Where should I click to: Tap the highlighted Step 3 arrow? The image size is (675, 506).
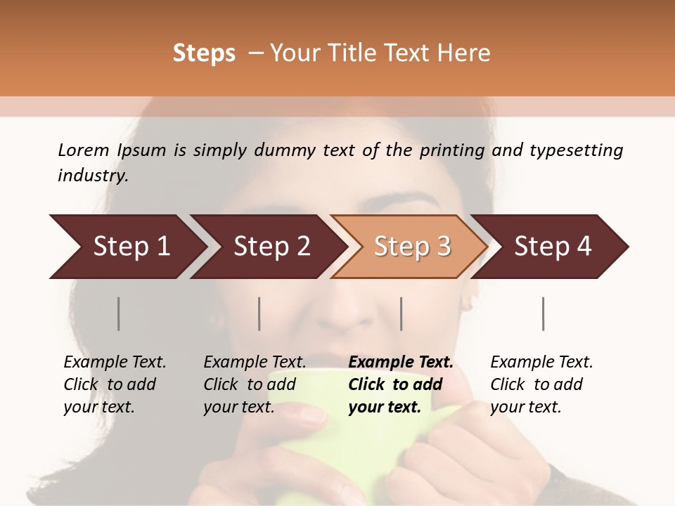pos(412,247)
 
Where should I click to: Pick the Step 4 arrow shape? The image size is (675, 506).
pos(553,247)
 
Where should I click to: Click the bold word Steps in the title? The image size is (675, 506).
pos(204,53)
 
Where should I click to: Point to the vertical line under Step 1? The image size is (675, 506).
pos(119,313)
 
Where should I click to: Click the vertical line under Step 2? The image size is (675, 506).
pos(259,313)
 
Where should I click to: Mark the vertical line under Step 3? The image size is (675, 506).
pos(401,313)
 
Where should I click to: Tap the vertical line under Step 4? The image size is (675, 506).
pos(543,313)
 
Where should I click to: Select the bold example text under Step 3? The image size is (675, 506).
pos(401,384)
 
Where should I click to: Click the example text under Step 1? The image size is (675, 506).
pos(115,384)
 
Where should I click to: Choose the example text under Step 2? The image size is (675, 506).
pos(255,384)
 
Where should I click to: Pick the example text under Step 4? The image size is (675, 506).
pos(541,384)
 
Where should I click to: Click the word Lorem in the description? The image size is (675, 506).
pos(84,150)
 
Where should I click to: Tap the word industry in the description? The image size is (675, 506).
pos(93,176)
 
